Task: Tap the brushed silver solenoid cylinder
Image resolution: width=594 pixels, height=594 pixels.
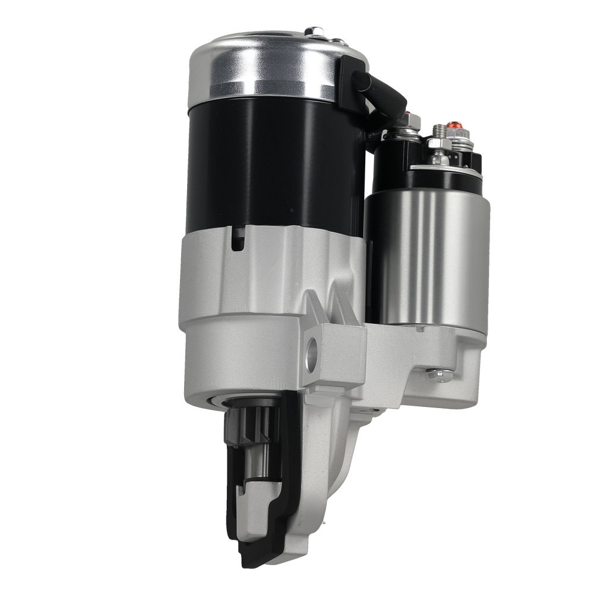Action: (428, 255)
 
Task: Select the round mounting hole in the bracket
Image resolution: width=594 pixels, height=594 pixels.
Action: (311, 355)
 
